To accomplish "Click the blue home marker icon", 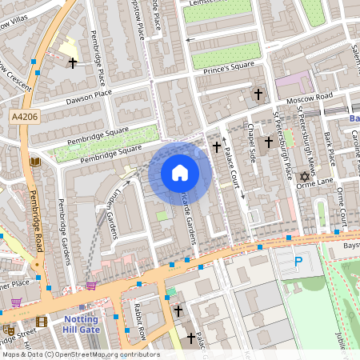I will [180, 172].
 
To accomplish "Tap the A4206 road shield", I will [24, 118].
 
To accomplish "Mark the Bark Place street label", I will [328, 146].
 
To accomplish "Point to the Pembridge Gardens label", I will [65, 221].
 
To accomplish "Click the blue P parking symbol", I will [298, 262].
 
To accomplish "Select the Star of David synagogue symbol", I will [303, 177].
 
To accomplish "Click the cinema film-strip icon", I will [42, 321].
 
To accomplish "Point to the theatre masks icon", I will [8, 329].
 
